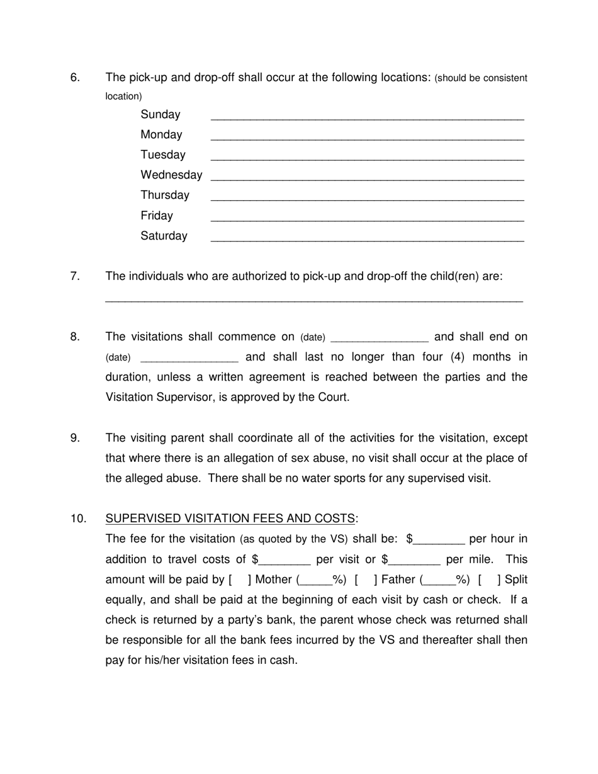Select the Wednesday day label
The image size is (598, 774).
click(x=171, y=175)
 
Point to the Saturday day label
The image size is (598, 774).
click(x=164, y=236)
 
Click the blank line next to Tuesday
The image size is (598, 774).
click(x=367, y=158)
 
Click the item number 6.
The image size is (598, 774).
click(x=76, y=77)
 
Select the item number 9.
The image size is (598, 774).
click(x=76, y=438)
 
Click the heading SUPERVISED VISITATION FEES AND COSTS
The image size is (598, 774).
click(x=230, y=519)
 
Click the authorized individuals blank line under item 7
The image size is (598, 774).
click(x=313, y=300)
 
